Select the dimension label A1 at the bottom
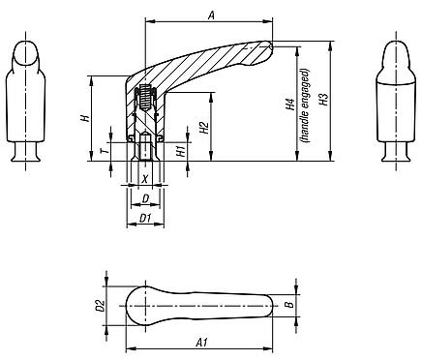pyautogui.click(x=200, y=342)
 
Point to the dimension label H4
pyautogui.click(x=290, y=106)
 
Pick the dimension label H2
pyautogui.click(x=204, y=127)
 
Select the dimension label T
pyautogui.click(x=104, y=153)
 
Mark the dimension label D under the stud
pyautogui.click(x=145, y=198)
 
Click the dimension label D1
pyautogui.click(x=145, y=219)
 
